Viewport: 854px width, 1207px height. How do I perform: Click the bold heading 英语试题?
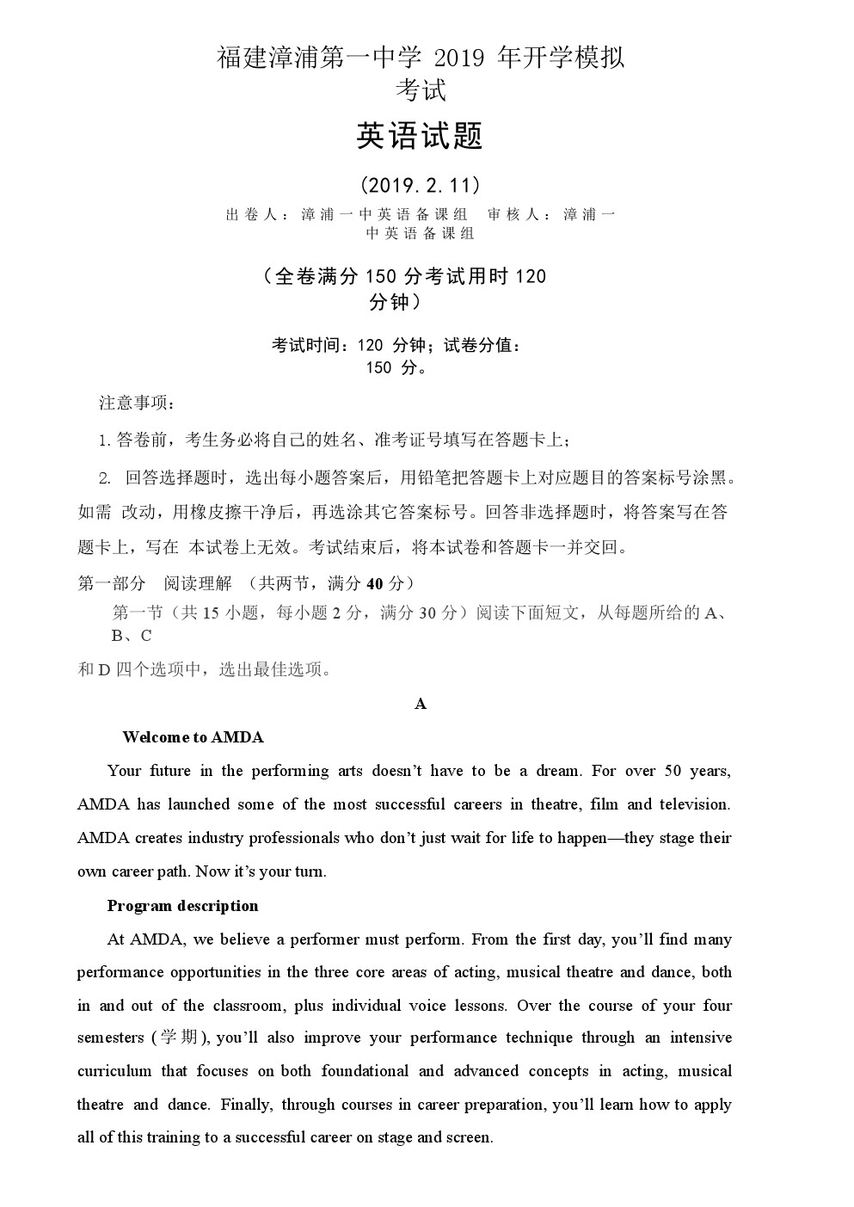pyautogui.click(x=420, y=136)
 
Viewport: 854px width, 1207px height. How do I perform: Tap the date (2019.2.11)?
pyautogui.click(x=420, y=185)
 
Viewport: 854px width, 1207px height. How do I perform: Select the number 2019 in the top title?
pyautogui.click(x=463, y=59)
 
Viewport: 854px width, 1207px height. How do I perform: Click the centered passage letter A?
pyautogui.click(x=421, y=704)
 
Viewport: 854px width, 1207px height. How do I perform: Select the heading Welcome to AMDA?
pyautogui.click(x=193, y=737)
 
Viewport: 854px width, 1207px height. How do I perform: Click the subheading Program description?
pyautogui.click(x=182, y=906)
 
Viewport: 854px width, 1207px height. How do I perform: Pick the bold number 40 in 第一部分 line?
pyautogui.click(x=374, y=584)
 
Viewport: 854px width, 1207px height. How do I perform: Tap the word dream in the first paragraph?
pyautogui.click(x=557, y=771)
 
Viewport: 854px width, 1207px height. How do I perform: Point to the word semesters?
pyautogui.click(x=110, y=1038)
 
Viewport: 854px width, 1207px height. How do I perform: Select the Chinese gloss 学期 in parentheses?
pyautogui.click(x=180, y=1038)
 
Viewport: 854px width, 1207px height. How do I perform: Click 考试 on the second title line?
pyautogui.click(x=420, y=89)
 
